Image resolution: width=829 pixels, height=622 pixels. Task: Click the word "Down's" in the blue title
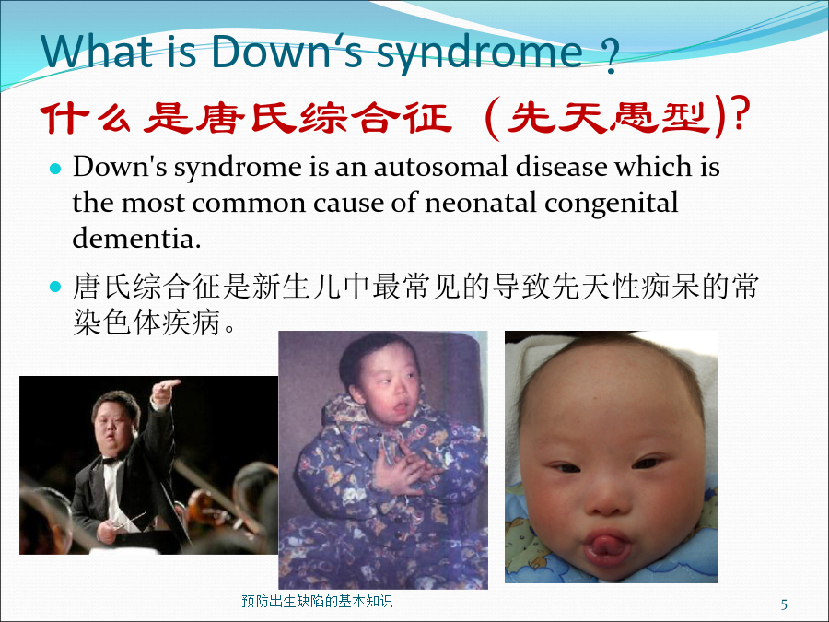(x=287, y=52)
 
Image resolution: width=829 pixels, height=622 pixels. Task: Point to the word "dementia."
(x=137, y=238)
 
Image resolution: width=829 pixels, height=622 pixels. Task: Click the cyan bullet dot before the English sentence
(x=55, y=169)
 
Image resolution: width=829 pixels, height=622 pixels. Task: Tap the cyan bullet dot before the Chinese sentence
(x=55, y=288)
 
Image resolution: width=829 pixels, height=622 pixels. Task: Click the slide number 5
(x=784, y=604)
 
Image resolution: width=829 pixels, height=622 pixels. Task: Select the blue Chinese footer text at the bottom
(x=317, y=601)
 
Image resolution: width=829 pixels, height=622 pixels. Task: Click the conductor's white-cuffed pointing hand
(x=163, y=392)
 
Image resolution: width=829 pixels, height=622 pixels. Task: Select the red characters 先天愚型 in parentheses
(x=608, y=117)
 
